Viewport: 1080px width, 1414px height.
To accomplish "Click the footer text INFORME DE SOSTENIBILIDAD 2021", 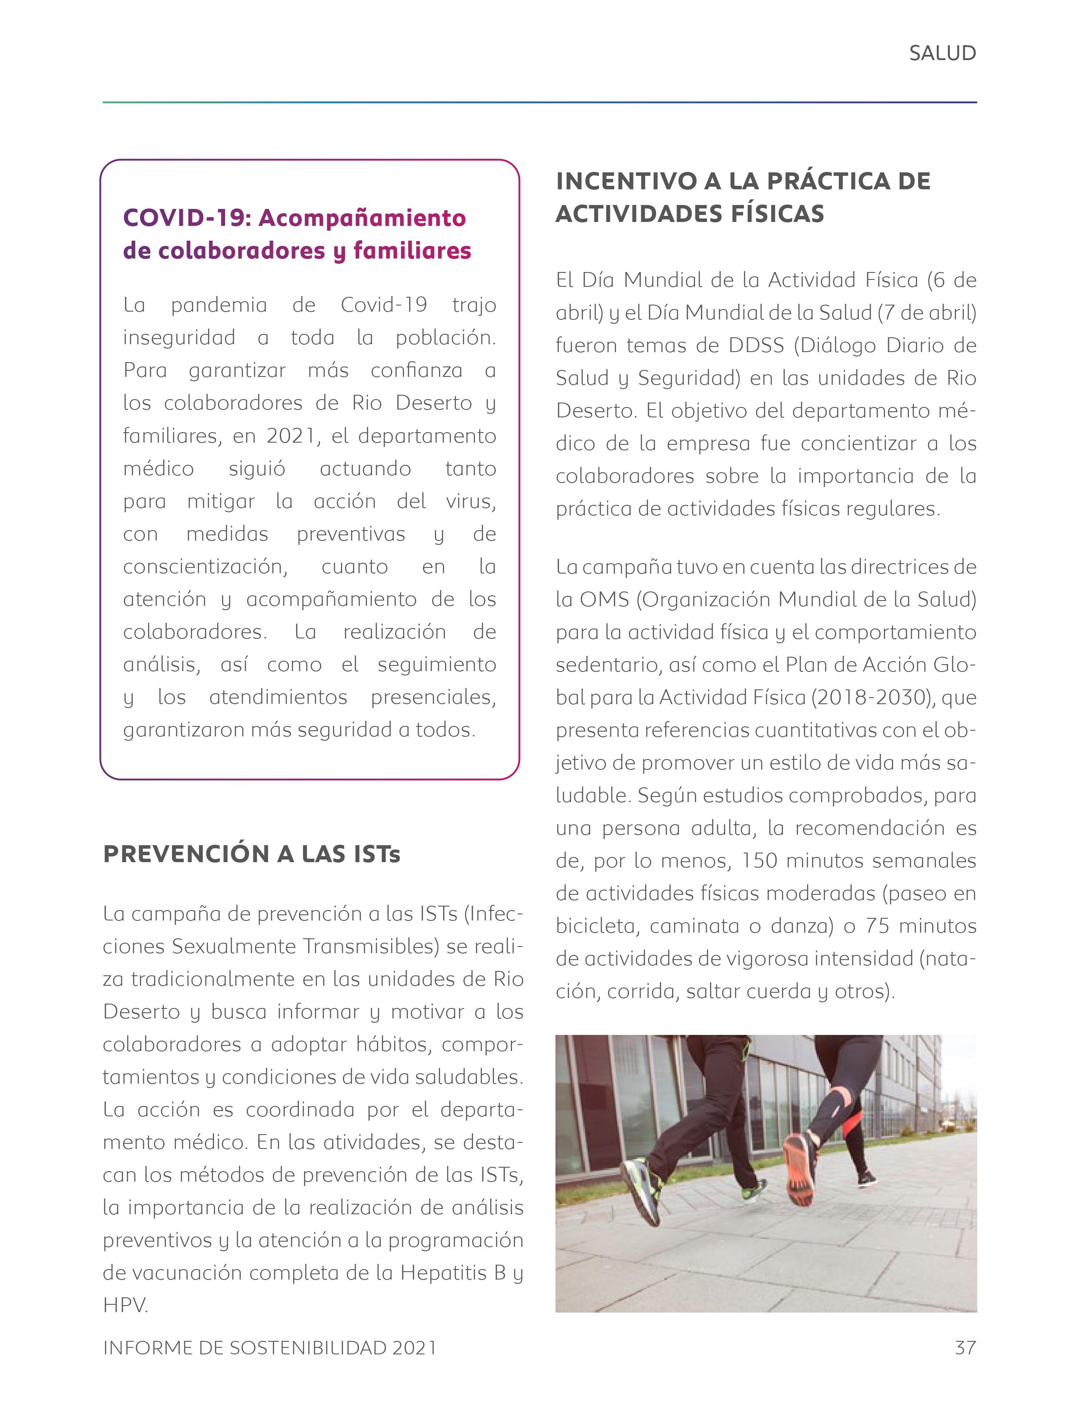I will [x=269, y=1348].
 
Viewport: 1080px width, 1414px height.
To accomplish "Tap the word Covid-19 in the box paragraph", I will [x=384, y=305].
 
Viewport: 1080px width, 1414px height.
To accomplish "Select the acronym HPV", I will [x=124, y=1305].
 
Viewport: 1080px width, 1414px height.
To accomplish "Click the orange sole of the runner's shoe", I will [x=801, y=1172].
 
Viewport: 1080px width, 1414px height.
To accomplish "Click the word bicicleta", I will [x=596, y=926].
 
